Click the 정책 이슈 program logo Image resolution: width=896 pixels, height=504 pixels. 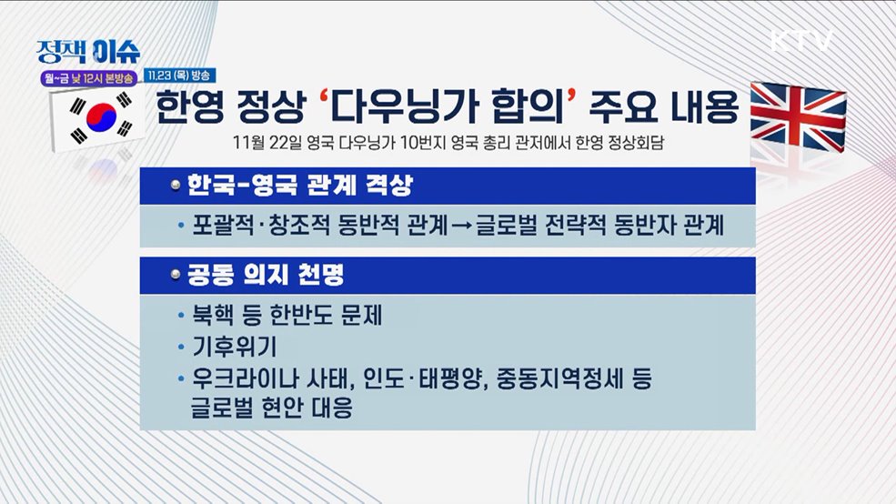click(x=88, y=51)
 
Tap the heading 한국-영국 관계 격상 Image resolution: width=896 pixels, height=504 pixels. click(x=300, y=186)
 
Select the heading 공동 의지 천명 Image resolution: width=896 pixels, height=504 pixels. click(x=265, y=274)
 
